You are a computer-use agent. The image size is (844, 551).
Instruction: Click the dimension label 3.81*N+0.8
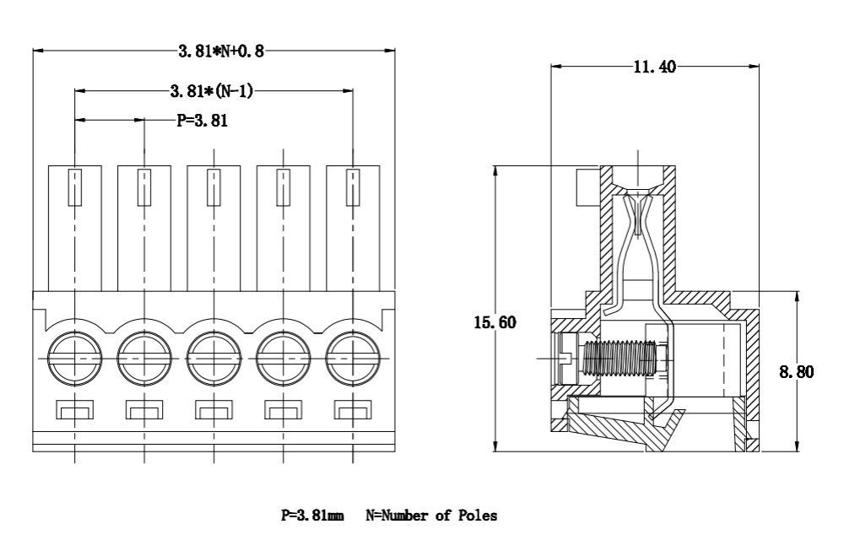tap(221, 51)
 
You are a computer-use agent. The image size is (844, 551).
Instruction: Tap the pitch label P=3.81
tap(202, 121)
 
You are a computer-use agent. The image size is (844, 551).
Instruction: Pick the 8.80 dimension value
tap(796, 371)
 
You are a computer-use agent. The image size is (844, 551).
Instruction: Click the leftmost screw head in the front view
tap(75, 359)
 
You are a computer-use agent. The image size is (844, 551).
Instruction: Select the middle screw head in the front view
tap(214, 359)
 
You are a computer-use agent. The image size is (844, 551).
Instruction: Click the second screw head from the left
tap(144, 359)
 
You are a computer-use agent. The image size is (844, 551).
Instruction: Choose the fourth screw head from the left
tap(284, 359)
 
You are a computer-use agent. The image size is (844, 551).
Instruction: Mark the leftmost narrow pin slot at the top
tap(75, 186)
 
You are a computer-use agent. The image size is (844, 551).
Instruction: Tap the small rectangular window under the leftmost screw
tap(75, 410)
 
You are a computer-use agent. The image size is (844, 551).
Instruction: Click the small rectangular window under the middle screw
tap(214, 410)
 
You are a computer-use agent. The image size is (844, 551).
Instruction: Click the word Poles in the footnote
tap(478, 515)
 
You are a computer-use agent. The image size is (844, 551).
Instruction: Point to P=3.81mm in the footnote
tap(311, 515)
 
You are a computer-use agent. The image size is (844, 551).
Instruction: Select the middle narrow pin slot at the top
tap(214, 186)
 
